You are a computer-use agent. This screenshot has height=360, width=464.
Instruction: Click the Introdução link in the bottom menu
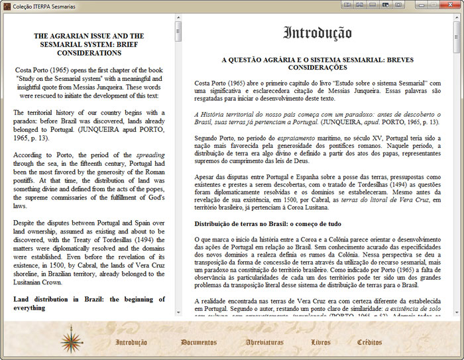tap(131, 343)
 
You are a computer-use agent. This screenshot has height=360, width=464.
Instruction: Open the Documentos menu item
tap(198, 343)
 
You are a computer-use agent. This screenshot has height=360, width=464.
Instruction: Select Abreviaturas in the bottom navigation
tap(264, 343)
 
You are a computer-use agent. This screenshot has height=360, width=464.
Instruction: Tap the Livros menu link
tap(321, 343)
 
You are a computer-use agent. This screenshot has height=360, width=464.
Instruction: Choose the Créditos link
tap(369, 343)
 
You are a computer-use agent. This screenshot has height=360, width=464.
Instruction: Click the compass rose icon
tap(71, 339)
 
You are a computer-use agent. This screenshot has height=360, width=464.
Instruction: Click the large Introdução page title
tap(318, 33)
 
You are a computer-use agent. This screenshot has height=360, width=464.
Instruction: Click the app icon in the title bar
tap(6, 5)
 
